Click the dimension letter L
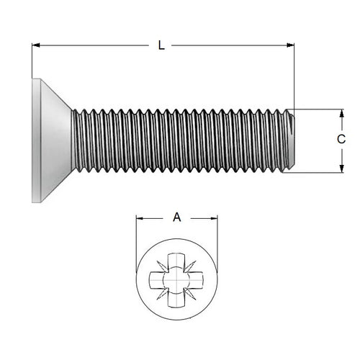[161, 45]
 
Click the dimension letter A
[176, 215]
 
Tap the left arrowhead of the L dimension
[36, 45]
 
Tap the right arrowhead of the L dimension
[290, 45]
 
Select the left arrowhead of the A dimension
[140, 217]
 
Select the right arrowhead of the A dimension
[214, 217]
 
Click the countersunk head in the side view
[50, 140]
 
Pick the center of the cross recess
[177, 279]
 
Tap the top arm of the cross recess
[177, 260]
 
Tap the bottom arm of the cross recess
[177, 298]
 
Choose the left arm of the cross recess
[158, 279]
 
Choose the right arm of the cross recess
[197, 279]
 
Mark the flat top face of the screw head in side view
[33, 140]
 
